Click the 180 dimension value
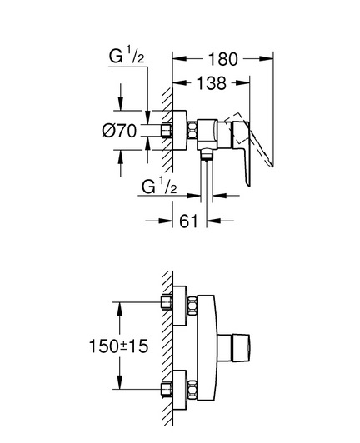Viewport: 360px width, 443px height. point(222,59)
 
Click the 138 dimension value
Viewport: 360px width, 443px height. point(211,83)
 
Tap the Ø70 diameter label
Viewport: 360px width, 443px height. point(119,131)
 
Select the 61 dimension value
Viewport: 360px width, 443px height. point(188,221)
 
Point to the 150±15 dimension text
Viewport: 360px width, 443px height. point(118,346)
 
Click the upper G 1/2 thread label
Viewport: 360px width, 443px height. point(127,55)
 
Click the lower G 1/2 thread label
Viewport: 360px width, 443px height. point(159,186)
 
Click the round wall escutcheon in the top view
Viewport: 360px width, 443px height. point(180,130)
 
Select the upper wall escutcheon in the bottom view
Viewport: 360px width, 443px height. point(180,306)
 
